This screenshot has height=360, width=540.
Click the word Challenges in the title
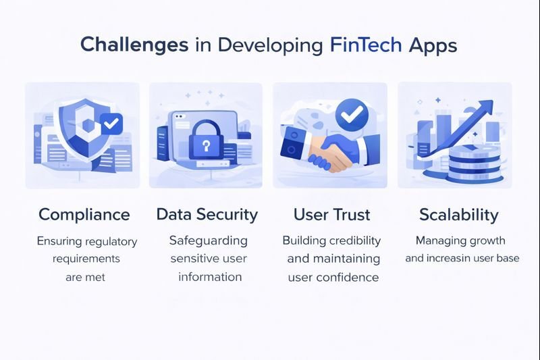pos(134,45)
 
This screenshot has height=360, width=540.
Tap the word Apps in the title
pos(435,45)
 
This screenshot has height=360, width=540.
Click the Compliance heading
pos(84,215)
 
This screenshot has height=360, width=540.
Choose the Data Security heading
pos(207,215)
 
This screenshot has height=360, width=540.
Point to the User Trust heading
pos(331,215)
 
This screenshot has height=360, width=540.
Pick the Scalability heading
pos(458,215)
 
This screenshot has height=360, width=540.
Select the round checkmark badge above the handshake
pos(351,115)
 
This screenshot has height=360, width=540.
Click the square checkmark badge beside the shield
pos(111,124)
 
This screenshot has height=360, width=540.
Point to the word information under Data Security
pos(210,277)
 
